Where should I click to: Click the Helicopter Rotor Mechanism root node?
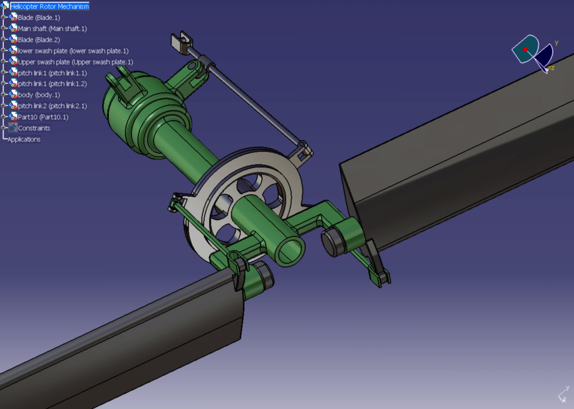tap(49, 6)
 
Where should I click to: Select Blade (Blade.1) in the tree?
tap(39, 18)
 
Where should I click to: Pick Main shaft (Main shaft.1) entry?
tap(52, 29)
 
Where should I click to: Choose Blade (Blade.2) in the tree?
tap(39, 40)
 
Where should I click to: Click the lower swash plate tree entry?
tap(73, 51)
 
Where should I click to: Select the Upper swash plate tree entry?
tap(75, 62)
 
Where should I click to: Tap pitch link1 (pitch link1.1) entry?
tap(52, 73)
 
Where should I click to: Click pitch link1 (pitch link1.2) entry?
tap(52, 84)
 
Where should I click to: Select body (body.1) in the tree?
tap(39, 95)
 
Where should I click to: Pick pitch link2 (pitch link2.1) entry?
tap(52, 106)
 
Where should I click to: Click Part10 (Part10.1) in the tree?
tap(43, 117)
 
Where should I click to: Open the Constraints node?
tap(34, 128)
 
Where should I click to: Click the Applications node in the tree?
tap(24, 139)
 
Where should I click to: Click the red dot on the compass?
tap(525, 49)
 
